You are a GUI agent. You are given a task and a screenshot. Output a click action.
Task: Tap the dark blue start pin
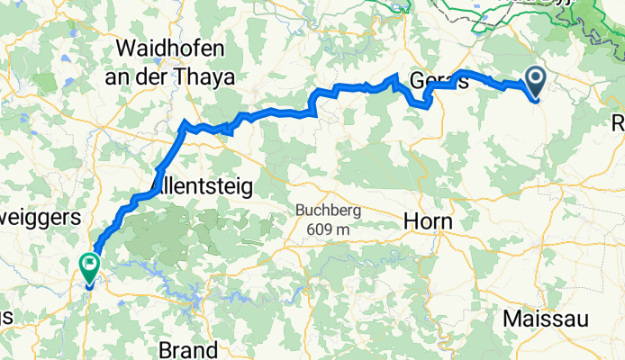point(535,83)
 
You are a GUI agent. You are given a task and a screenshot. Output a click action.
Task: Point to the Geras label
point(439,82)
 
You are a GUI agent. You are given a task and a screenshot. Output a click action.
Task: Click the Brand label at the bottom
point(188,348)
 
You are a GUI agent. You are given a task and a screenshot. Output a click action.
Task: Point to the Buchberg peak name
point(329,211)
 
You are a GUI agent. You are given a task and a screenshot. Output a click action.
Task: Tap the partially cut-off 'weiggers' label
point(40,217)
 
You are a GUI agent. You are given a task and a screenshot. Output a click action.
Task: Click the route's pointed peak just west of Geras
point(395,76)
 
